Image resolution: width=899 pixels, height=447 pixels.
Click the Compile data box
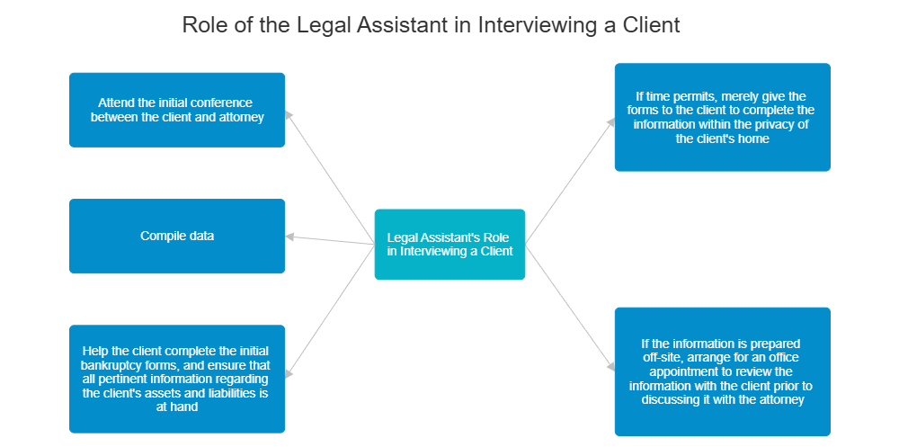[x=177, y=237]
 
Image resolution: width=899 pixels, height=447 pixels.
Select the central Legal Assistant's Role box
[x=449, y=244]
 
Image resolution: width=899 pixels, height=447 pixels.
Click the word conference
[x=221, y=103]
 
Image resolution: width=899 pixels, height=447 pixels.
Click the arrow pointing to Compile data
[x=329, y=240]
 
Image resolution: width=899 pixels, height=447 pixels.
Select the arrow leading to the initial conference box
[x=330, y=176]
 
